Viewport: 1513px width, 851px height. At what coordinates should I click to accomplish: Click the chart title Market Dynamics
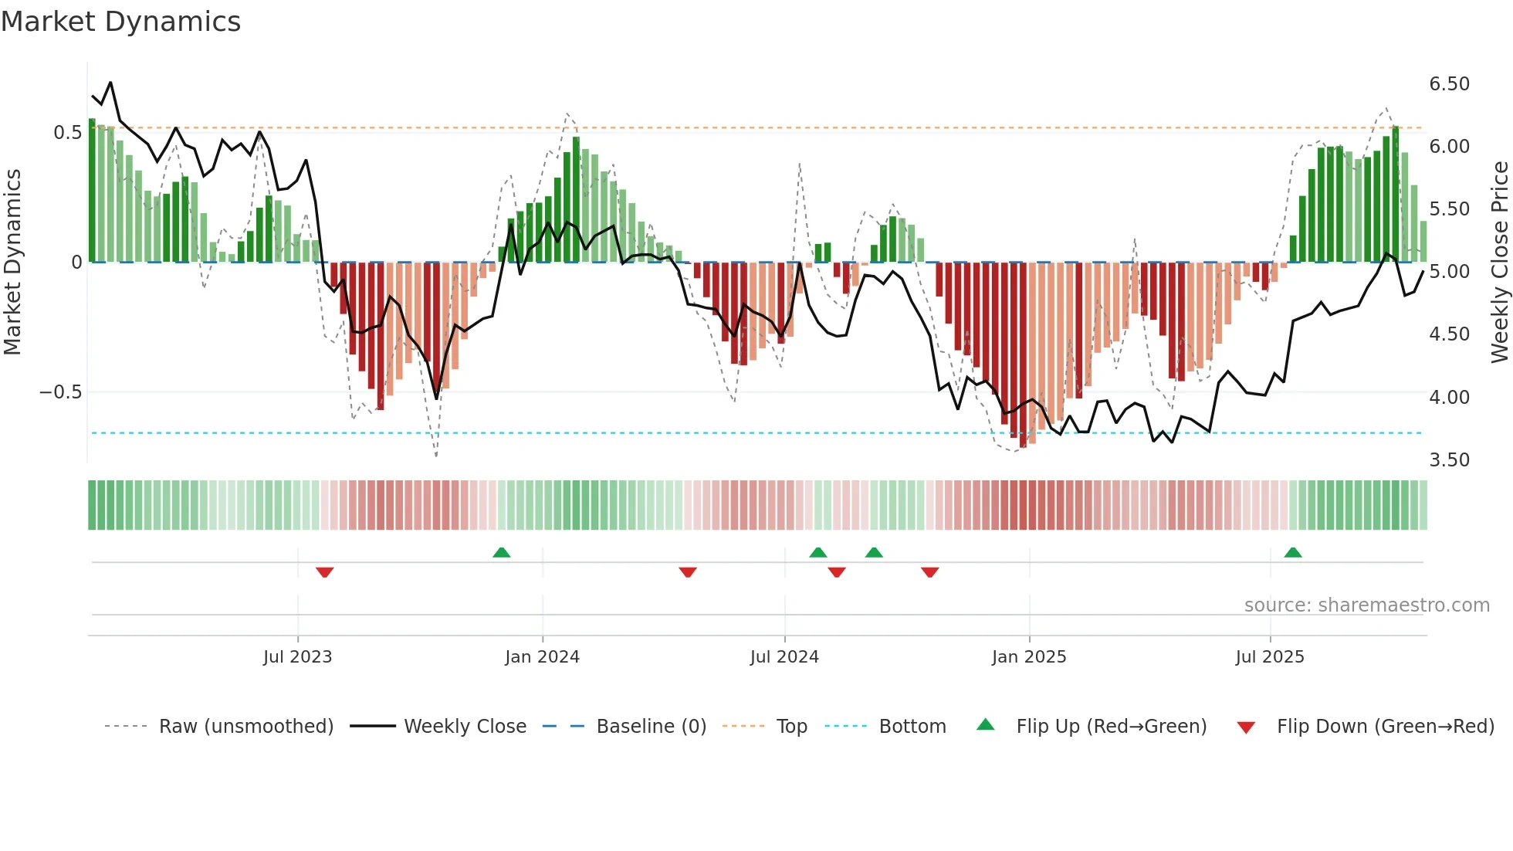[120, 22]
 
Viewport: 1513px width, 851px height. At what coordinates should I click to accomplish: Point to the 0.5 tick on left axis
[67, 133]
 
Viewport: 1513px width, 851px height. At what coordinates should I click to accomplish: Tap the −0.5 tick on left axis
[60, 392]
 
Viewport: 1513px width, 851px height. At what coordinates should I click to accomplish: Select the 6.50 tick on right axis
[1449, 83]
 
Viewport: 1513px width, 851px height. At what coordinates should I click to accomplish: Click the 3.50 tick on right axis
[1449, 460]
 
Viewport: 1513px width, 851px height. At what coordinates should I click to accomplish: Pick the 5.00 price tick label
[1449, 272]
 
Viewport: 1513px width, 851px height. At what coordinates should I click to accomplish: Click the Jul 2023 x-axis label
[297, 657]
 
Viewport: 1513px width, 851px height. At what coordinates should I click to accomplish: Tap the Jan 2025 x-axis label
[1028, 657]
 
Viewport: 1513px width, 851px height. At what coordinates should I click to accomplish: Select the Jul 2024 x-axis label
[784, 657]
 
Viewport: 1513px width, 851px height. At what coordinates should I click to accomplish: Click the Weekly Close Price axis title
[1498, 263]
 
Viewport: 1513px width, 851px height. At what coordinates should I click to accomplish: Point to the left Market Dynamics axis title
[12, 263]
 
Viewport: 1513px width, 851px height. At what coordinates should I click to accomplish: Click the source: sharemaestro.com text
[1366, 605]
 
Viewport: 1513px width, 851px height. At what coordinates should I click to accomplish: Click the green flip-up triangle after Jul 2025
[1292, 552]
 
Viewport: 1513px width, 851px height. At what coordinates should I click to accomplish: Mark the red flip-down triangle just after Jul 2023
[324, 572]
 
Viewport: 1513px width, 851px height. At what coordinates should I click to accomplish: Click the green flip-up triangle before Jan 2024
[501, 552]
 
